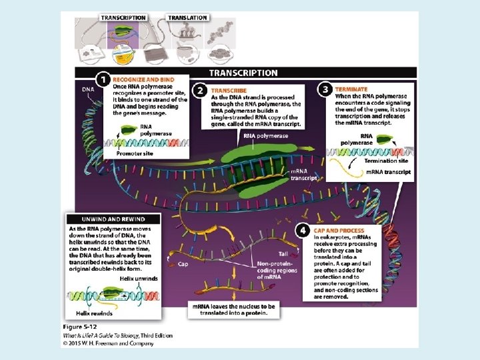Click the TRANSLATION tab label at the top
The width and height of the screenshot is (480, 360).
pyautogui.click(x=187, y=18)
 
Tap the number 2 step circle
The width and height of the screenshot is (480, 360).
pyautogui.click(x=199, y=89)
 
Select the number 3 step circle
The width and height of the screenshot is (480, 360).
pyautogui.click(x=324, y=88)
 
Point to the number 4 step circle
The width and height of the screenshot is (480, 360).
pyautogui.click(x=303, y=231)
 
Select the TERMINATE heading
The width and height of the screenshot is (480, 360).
pyautogui.click(x=351, y=89)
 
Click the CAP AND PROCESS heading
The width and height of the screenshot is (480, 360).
pyautogui.click(x=339, y=231)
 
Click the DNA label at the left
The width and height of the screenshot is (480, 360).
pyautogui.click(x=88, y=89)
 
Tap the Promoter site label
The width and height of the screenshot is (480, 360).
pyautogui.click(x=134, y=153)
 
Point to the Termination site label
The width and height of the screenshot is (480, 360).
pyautogui.click(x=387, y=160)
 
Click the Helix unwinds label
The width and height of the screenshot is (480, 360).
pyautogui.click(x=139, y=278)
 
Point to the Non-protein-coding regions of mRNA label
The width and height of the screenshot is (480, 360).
pyautogui.click(x=274, y=271)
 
